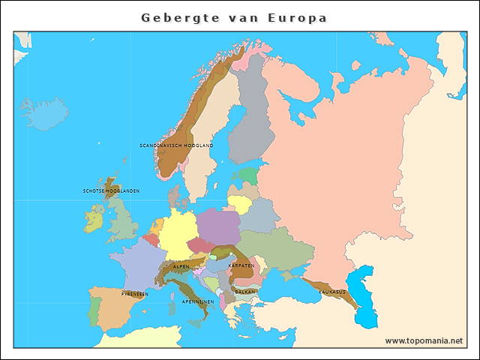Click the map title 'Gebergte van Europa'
coord(234,18)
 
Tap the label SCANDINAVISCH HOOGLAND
coord(176,145)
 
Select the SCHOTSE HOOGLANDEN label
coord(111,190)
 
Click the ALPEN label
coord(181,266)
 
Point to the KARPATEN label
coord(241,265)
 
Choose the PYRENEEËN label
coord(135,294)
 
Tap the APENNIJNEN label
coord(198,301)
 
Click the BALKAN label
coord(245,292)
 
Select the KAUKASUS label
coord(332,291)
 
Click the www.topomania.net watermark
coord(424,340)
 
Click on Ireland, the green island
coord(93,219)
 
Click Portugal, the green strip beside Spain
coord(94,310)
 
